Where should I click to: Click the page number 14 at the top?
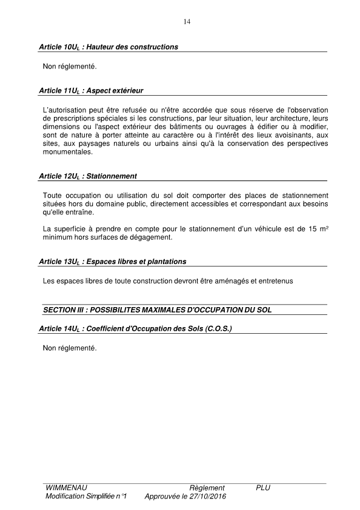[x=187, y=22]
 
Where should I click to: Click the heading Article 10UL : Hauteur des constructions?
[x=108, y=47]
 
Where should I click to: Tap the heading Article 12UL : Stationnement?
[x=87, y=176]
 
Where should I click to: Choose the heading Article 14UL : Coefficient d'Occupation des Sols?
[x=135, y=328]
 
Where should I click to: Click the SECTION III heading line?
[x=157, y=310]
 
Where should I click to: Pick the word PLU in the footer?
[x=263, y=488]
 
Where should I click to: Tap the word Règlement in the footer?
[x=207, y=488]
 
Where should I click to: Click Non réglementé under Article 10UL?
[x=70, y=65]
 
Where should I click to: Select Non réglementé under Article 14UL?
[x=70, y=348]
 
